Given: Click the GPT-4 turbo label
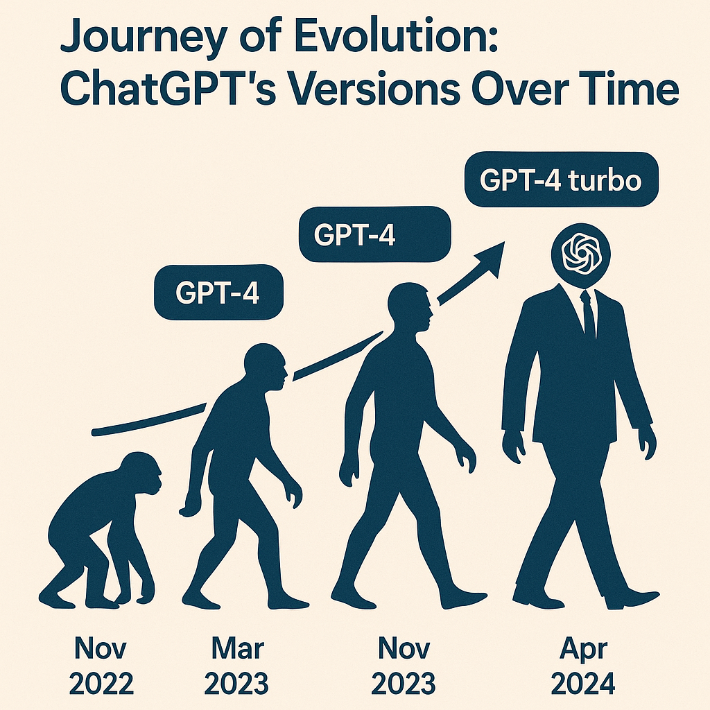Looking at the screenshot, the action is coord(562,180).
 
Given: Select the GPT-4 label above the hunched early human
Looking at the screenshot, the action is coord(218,293).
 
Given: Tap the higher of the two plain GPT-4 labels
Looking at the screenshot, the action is coord(375,234).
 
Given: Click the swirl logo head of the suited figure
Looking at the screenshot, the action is coord(581,256).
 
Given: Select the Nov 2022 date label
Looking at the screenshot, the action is coord(101,666).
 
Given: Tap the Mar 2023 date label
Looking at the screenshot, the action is coord(236,666).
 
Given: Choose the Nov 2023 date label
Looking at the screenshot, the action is coord(404,666).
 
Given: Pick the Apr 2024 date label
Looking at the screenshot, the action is coord(583,666).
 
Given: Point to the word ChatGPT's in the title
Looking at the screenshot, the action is coord(168,89).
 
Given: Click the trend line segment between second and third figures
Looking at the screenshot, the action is coord(338,356).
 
